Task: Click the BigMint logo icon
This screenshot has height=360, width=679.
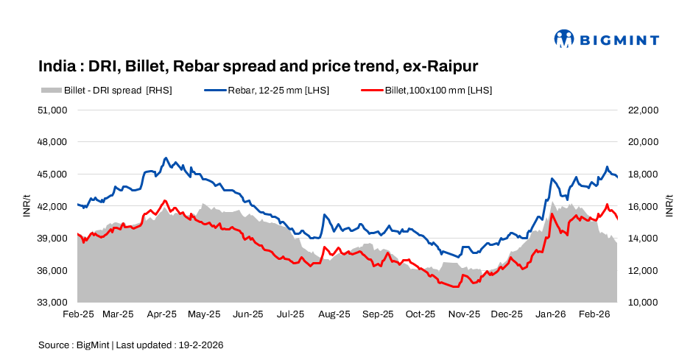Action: [x=564, y=39]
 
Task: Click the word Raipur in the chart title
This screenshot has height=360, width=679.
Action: [x=451, y=66]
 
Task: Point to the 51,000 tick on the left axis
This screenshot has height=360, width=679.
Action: [x=53, y=110]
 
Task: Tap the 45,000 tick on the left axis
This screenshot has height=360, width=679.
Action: [x=53, y=174]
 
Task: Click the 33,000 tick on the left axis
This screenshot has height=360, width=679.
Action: [x=53, y=303]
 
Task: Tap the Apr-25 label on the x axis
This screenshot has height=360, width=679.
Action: [x=162, y=314]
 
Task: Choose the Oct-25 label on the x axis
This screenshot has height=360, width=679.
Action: [x=421, y=314]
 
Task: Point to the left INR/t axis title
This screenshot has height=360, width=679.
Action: [x=27, y=206]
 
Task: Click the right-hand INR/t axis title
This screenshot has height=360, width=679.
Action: [x=669, y=206]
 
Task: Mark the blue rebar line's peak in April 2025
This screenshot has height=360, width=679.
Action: [x=166, y=158]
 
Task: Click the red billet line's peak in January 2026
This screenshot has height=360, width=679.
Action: [x=552, y=214]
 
